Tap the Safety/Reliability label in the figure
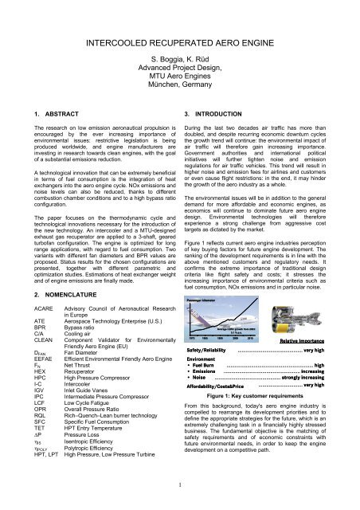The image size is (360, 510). point(210,349)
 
